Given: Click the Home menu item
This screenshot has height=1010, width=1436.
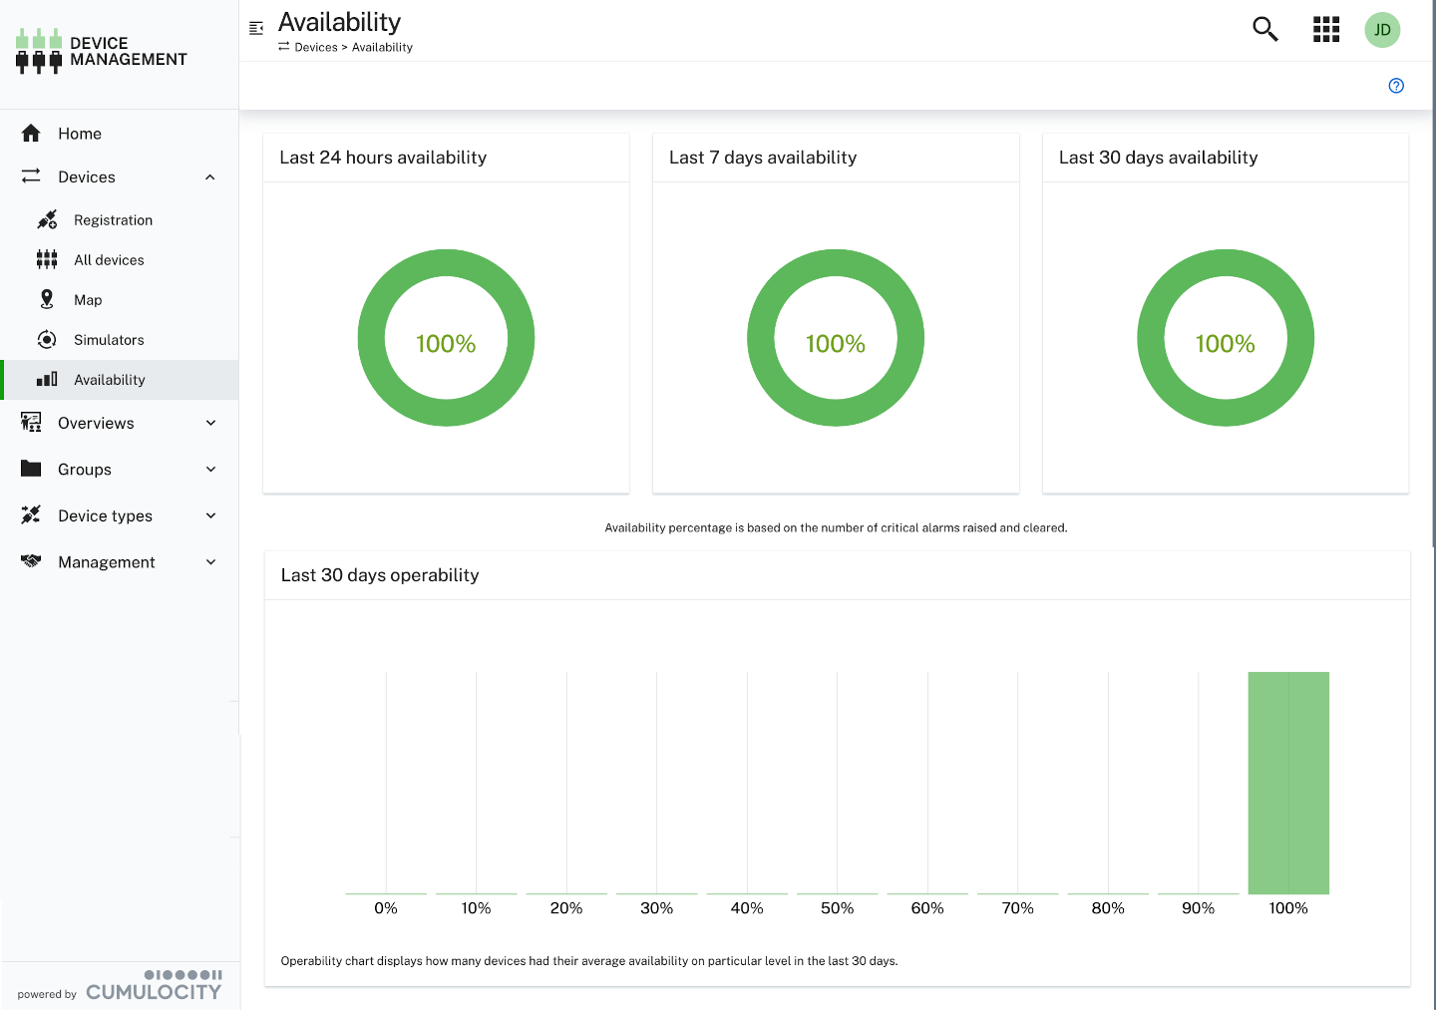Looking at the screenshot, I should [80, 134].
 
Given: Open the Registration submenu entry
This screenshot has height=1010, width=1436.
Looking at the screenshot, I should [113, 220].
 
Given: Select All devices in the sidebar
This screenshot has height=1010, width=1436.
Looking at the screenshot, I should [109, 260].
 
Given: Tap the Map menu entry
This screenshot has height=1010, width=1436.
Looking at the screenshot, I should [88, 300].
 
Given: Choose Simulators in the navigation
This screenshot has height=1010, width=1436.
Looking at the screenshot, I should [109, 340].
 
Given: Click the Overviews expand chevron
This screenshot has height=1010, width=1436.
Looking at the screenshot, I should [210, 423].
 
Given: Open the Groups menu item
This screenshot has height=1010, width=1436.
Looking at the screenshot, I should [85, 470].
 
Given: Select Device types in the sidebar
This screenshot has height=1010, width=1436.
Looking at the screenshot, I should [105, 516].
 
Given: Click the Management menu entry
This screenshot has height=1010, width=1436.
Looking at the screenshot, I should [107, 562].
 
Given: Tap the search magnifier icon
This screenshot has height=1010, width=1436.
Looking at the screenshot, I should [1264, 29].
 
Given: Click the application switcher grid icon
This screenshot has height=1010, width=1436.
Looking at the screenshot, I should [1325, 29].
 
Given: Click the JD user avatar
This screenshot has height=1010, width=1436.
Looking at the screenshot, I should [1382, 30].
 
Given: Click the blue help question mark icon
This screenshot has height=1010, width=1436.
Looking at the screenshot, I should [1396, 86].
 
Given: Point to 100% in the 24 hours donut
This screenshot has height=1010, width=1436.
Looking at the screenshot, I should [446, 344].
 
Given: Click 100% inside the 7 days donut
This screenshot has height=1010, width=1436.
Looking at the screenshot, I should [836, 344].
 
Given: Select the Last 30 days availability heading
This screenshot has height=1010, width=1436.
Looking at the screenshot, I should [1158, 158].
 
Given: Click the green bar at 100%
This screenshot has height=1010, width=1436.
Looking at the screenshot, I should [1288, 783].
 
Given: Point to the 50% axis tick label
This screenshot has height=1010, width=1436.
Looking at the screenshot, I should [837, 908].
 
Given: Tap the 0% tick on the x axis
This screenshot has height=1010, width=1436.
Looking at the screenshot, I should [386, 908].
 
